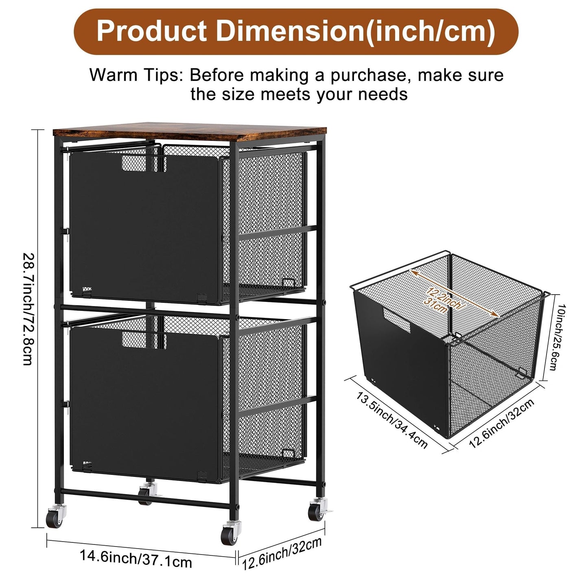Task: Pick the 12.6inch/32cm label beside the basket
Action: pyautogui.click(x=501, y=424)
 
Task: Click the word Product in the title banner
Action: pyautogui.click(x=151, y=31)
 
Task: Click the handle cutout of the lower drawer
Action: pyautogui.click(x=144, y=340)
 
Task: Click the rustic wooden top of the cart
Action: pyautogui.click(x=190, y=131)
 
